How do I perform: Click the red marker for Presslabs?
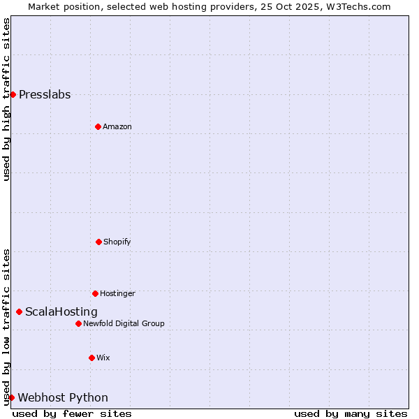pos(13,94)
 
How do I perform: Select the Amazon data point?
pos(98,126)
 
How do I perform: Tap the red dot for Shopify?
pos(98,242)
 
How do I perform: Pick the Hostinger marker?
pos(95,293)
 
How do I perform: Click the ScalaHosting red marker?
pos(19,311)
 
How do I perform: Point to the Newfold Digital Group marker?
pos(78,323)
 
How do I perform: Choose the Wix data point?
pos(91,358)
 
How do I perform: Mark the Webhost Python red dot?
pos(11,397)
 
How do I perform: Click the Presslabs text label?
pos(45,95)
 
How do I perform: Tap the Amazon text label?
pos(117,127)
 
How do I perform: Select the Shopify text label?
pos(117,242)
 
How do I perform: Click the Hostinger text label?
pos(117,294)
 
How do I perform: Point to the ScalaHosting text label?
pos(61,312)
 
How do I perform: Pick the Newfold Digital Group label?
pos(124,324)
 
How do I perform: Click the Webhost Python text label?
pos(63,398)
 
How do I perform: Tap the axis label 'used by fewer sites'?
pos(72,413)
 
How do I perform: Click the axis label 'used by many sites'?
pos(351,413)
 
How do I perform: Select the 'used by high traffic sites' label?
pos(7,99)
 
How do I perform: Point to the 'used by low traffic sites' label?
pos(7,326)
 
